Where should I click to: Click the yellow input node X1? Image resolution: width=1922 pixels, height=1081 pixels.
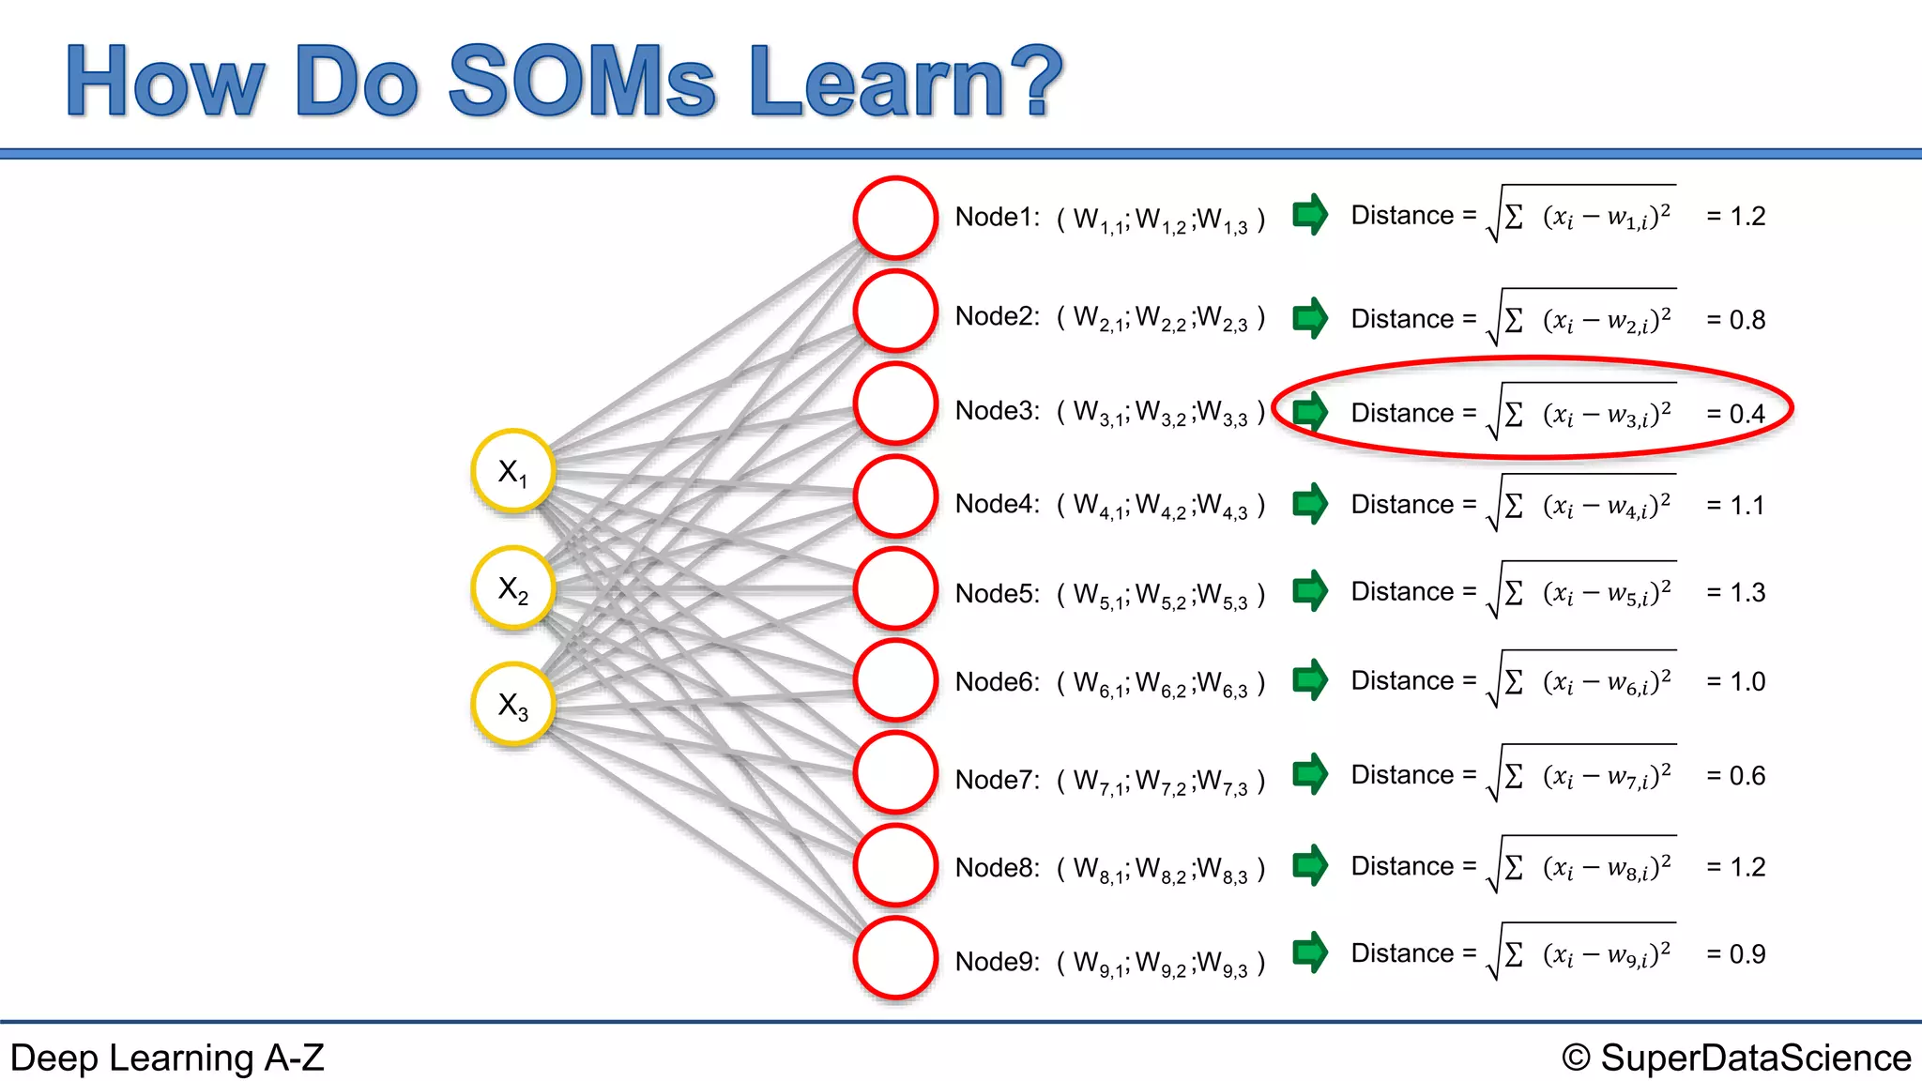point(512,470)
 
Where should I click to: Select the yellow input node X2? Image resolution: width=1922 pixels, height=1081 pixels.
point(512,587)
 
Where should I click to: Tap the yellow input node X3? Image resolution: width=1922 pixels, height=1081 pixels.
point(512,704)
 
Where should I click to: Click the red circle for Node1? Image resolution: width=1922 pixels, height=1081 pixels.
point(895,218)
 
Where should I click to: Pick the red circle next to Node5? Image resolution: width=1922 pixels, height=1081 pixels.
point(895,588)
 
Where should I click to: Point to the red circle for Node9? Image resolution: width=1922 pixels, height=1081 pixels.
point(895,958)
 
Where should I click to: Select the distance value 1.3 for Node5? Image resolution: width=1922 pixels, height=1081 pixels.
point(1747,593)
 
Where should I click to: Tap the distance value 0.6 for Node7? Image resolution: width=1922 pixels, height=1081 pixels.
point(1747,776)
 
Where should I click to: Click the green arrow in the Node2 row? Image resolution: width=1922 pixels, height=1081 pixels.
point(1310,318)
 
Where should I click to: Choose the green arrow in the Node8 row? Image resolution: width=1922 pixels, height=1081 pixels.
point(1310,865)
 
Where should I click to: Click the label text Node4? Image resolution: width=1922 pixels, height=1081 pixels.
point(997,505)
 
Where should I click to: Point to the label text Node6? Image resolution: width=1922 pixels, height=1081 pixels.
point(997,682)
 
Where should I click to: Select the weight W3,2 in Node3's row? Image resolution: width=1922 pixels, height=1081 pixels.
point(1160,413)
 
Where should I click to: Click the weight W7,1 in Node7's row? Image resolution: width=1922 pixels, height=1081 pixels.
point(1098,782)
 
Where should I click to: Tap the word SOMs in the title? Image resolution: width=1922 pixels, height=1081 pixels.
point(582,83)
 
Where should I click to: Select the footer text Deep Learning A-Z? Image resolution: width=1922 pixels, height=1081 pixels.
point(167,1058)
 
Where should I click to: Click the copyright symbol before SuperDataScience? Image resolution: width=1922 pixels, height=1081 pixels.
point(1576,1058)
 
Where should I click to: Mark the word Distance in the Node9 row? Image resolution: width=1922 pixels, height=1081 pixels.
point(1401,953)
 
